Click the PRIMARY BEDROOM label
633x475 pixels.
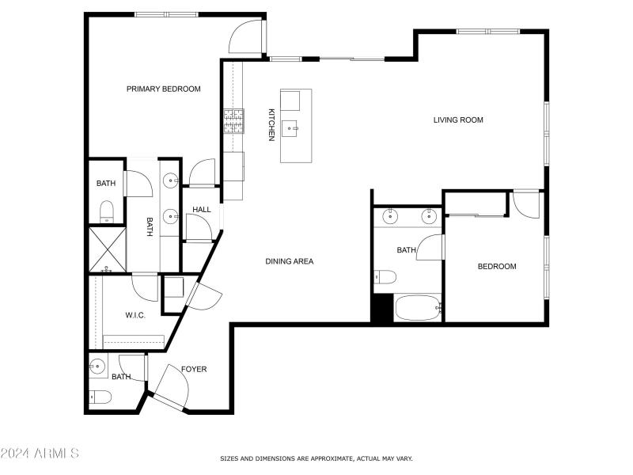point(164,89)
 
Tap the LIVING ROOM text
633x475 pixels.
point(458,120)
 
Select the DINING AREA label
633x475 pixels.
point(290,261)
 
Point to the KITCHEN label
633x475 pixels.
point(271,125)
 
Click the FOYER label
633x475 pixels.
point(194,369)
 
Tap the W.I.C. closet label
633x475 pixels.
point(135,315)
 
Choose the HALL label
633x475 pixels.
point(202,210)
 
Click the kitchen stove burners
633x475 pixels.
point(233,120)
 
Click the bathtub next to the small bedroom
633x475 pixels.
point(417,308)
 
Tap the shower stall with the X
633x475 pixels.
point(106,248)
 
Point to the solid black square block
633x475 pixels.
point(382,308)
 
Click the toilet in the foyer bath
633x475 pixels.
point(100,398)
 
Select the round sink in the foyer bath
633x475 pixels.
point(98,367)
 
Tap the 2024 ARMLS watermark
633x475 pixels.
point(40,454)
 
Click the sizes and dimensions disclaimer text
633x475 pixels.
point(316,458)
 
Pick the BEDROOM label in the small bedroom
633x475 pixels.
point(496,267)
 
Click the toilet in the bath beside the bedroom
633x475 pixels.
point(385,276)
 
